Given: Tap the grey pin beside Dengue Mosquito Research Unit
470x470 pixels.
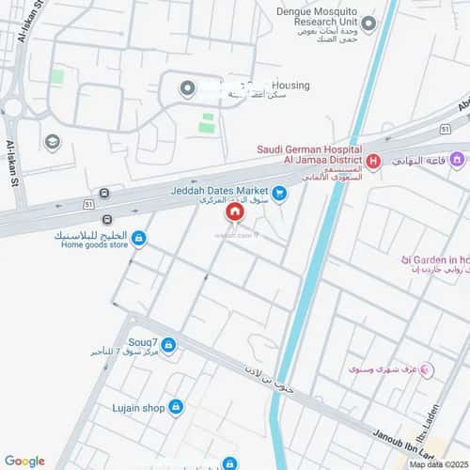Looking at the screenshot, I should point(369,24).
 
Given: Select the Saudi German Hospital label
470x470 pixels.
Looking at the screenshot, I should point(310,149).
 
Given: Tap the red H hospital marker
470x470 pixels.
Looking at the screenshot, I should point(373,162).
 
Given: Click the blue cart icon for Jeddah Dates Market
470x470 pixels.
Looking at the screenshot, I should point(279,194).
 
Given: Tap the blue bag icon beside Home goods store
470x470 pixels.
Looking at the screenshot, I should point(139,240).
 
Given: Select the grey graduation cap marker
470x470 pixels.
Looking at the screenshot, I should point(53,142).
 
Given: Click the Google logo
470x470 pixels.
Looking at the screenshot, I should point(24,460).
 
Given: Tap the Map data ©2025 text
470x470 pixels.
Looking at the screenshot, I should point(436,463).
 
